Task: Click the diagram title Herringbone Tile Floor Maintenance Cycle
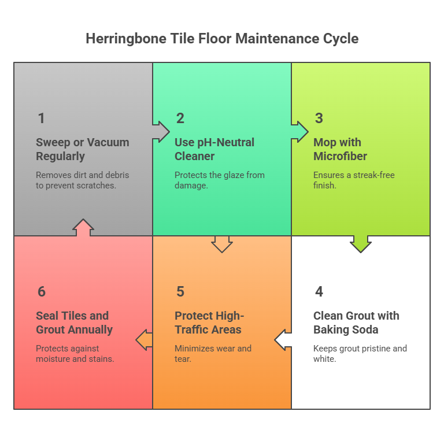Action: point(222,39)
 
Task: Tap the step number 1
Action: point(41,118)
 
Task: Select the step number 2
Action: point(180,118)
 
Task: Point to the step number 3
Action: point(319,118)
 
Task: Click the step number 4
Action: point(319,292)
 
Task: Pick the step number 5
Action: point(180,292)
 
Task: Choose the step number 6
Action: point(41,292)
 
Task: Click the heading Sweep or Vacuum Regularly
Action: point(82,149)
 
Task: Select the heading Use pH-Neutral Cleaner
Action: point(214,149)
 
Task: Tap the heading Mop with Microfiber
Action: point(340,149)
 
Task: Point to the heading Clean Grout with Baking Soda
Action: point(356,323)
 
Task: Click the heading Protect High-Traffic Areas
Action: point(209,323)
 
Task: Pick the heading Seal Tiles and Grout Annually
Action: point(74,323)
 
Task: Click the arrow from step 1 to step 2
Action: point(160,131)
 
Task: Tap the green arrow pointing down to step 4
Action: point(361,243)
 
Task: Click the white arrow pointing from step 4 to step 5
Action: point(283,339)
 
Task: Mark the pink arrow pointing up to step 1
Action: point(83,228)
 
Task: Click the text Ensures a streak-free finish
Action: point(353,179)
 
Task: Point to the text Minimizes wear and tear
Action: point(213,353)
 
